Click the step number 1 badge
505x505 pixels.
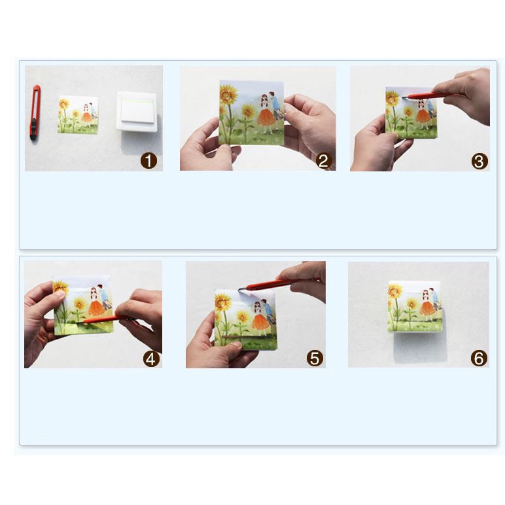coord(148,161)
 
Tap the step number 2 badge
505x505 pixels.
coord(324,161)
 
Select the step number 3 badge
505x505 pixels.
coord(479,162)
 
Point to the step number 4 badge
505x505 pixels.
coord(151,358)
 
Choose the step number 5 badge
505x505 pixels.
coord(315,358)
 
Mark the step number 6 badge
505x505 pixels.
coord(479,358)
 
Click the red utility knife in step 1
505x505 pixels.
coord(35,113)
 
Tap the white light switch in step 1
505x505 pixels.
coord(137,111)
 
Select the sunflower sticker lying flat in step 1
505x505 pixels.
coord(78,114)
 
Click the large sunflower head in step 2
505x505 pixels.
coord(228,94)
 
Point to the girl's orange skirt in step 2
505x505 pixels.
coord(266,118)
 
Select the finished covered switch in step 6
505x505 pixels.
coord(414,306)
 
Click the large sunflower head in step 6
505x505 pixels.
coord(395,292)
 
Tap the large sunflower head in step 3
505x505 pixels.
coord(392,98)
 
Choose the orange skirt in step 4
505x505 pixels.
coord(96,308)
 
